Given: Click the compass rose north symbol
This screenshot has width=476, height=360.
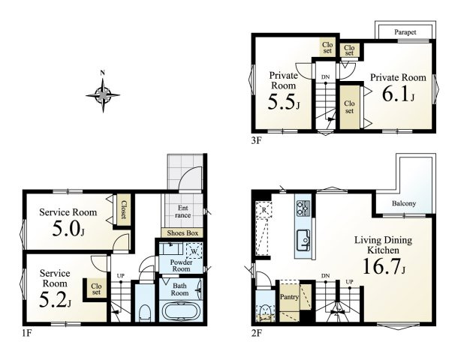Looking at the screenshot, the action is [103, 94].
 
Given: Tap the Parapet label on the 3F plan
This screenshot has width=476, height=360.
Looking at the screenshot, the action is [405, 31].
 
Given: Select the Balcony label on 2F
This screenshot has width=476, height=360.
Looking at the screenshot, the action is [403, 203].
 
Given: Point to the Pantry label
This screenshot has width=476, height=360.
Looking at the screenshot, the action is [289, 297].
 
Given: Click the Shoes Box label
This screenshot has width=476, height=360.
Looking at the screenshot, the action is [182, 233].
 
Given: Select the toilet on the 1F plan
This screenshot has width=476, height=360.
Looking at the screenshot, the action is [145, 313].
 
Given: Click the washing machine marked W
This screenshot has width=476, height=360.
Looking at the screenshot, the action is [194, 250].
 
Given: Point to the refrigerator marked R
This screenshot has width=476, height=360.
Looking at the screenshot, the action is [264, 209].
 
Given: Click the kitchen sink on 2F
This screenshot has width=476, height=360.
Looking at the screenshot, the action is [303, 240].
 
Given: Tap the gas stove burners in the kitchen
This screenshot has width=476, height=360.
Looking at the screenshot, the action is [303, 208].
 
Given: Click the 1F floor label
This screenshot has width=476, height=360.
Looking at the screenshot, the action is [26, 333].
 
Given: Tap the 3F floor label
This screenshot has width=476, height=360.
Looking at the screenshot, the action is [256, 140].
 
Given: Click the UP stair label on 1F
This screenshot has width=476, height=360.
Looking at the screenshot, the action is [121, 276].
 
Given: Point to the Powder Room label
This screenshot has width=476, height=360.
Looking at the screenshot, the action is [181, 265].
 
